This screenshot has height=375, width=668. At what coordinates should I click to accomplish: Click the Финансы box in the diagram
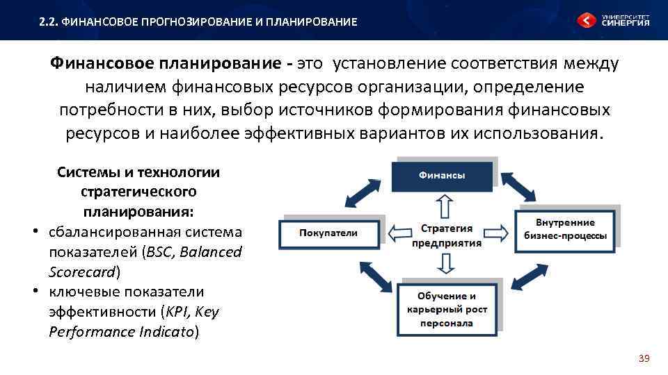pyautogui.click(x=443, y=176)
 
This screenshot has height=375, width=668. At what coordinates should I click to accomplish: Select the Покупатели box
pyautogui.click(x=328, y=233)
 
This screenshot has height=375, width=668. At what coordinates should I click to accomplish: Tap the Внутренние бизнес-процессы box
pyautogui.click(x=566, y=228)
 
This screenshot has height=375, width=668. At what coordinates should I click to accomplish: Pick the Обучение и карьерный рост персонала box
pyautogui.click(x=447, y=310)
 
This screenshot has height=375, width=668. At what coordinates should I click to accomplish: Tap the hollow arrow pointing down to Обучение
pyautogui.click(x=446, y=262)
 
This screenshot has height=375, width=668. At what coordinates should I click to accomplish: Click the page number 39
pyautogui.click(x=644, y=358)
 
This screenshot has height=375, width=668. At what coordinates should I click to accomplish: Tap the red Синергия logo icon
pyautogui.click(x=586, y=20)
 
